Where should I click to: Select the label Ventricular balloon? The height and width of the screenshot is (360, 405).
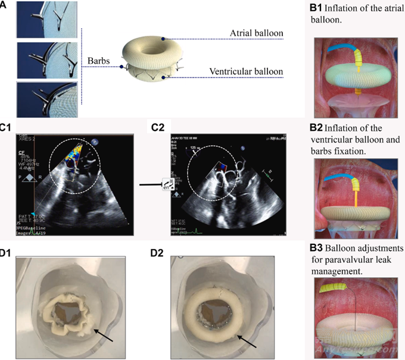pos(246,72)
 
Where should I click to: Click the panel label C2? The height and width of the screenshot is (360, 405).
pos(158,127)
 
